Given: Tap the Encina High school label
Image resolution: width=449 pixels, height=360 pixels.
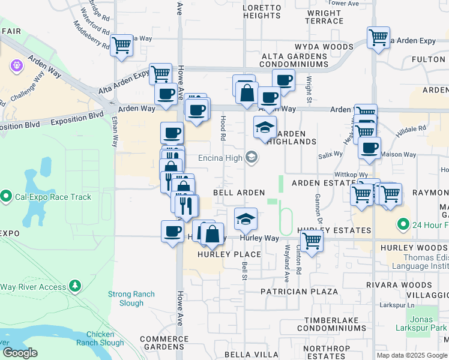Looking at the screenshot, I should point(221,158).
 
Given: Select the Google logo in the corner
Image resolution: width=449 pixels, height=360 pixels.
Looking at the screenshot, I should point(20,353).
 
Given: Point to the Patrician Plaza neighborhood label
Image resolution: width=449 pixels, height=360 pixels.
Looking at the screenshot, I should point(300,291).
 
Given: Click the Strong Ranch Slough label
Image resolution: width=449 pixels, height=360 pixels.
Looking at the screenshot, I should point(131,298).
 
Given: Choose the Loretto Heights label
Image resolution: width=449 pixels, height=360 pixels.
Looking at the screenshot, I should point(261,11).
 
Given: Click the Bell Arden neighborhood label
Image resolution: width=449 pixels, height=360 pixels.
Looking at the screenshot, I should point(239,193).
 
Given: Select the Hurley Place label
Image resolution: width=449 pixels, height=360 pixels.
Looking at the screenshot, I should point(231,254).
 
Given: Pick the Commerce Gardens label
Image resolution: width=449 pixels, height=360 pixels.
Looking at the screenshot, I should point(164,343).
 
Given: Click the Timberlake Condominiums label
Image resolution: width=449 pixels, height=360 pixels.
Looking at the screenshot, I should point(335,325).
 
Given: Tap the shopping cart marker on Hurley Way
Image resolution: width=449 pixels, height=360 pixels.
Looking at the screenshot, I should point(312,240).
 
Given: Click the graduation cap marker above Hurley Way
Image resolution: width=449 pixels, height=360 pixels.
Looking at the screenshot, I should point(245,220).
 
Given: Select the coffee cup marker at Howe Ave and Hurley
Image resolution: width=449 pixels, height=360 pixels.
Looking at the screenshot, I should point(172,231).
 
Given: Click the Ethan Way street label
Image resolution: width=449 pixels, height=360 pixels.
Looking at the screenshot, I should point(115,132).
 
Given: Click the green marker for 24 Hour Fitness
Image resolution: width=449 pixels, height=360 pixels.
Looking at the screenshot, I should point(402,226).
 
